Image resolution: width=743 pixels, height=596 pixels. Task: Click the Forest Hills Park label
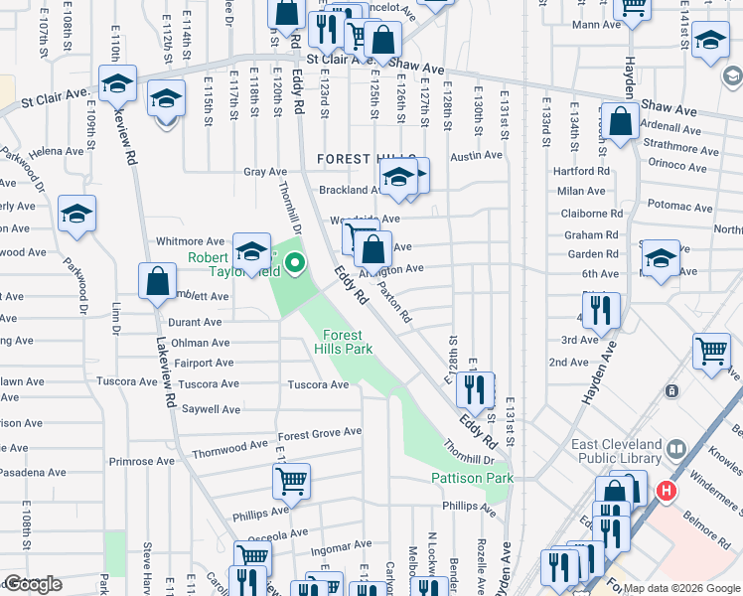pyautogui.click(x=343, y=343)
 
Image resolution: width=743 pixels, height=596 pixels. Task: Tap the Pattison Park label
pyautogui.click(x=472, y=479)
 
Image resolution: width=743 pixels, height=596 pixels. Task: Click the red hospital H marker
pyautogui.click(x=667, y=491)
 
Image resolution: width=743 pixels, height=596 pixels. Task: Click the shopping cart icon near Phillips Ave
pyautogui.click(x=291, y=482)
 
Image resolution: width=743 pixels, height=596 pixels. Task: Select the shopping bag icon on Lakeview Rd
pyautogui.click(x=157, y=281)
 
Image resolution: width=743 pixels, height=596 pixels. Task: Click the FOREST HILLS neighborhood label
pyautogui.click(x=351, y=159)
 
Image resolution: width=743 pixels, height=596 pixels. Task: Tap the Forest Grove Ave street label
pyautogui.click(x=319, y=433)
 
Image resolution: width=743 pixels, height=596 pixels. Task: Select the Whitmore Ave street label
pyautogui.click(x=191, y=241)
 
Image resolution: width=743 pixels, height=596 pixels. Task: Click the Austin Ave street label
pyautogui.click(x=476, y=156)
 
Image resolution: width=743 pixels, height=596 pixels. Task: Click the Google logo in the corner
pyautogui.click(x=32, y=584)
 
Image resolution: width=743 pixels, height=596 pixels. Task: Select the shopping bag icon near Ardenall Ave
pyautogui.click(x=621, y=122)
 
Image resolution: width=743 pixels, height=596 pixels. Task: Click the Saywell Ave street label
pyautogui.click(x=211, y=409)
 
